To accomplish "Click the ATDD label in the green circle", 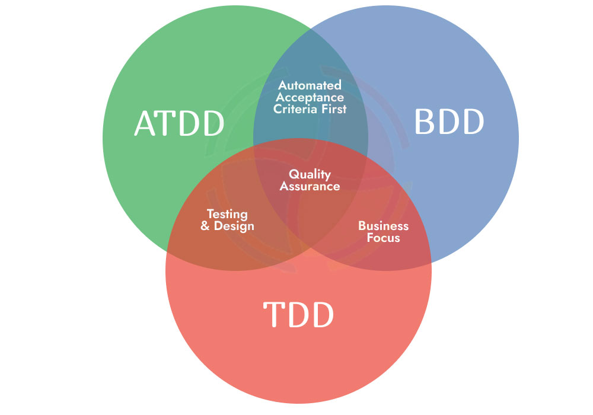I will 179,123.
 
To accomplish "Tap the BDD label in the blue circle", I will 449,122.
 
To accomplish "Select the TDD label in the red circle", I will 298,314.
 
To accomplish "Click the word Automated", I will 310,85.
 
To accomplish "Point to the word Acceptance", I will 309,97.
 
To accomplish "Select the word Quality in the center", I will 310,174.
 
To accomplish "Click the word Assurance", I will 310,186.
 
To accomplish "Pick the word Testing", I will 227,215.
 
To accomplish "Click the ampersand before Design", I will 206,226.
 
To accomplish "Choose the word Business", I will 383,226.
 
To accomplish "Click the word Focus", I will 383,238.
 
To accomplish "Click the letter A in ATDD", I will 145,123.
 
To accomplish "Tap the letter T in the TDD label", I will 273,314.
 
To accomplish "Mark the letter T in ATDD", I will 167,123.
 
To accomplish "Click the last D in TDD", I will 322,314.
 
